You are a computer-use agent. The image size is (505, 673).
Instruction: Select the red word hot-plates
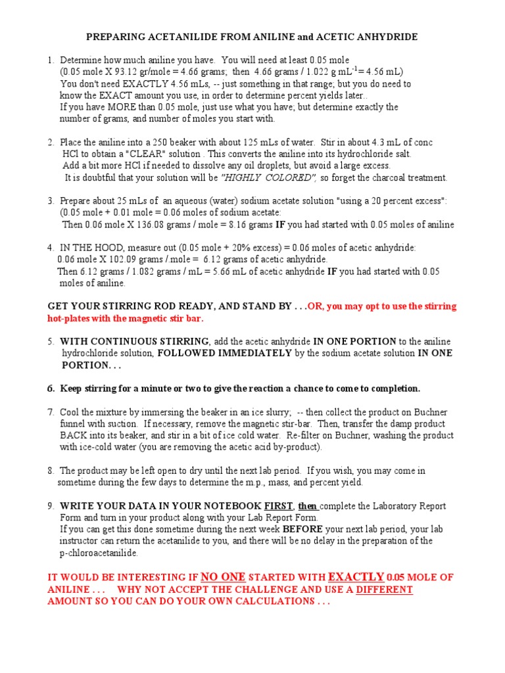[x=70, y=319]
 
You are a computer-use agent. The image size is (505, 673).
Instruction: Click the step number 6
[x=51, y=388]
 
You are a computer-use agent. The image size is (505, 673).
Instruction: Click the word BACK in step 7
[x=73, y=436]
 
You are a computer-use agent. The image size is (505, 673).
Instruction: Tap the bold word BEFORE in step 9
[x=303, y=529]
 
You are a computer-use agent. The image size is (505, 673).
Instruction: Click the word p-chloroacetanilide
[x=99, y=553]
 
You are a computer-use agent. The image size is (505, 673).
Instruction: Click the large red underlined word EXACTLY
[x=356, y=576]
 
